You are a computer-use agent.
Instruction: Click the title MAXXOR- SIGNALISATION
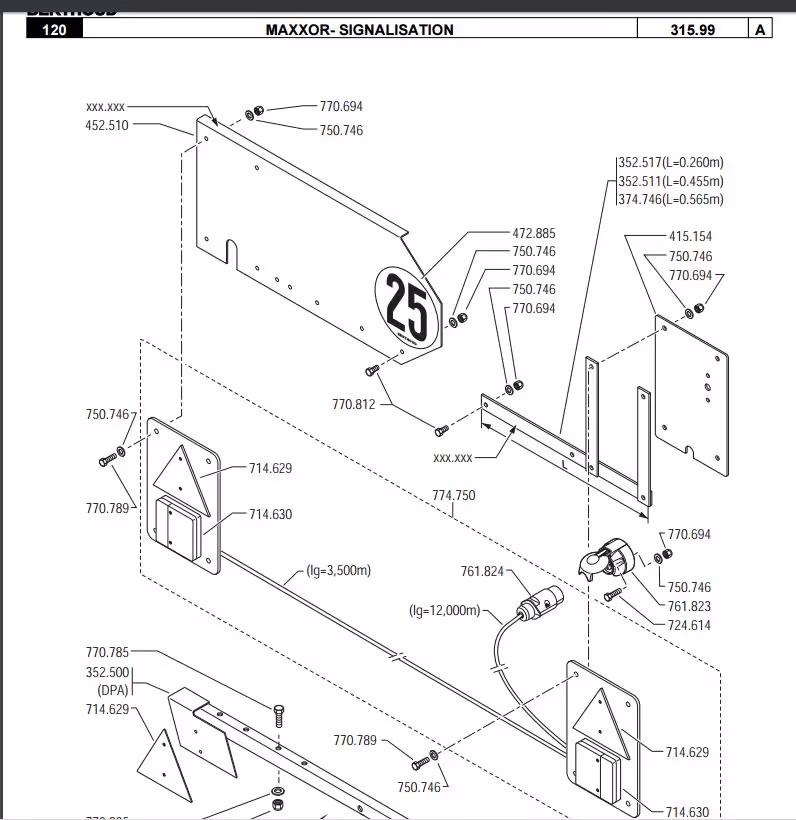point(359,30)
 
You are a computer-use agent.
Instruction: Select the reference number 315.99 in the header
point(692,30)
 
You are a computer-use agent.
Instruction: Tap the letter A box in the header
point(761,30)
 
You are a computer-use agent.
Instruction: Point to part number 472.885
point(534,233)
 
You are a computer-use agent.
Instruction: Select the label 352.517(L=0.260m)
point(670,163)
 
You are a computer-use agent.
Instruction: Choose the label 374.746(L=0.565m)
point(670,199)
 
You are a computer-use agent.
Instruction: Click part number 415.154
point(690,237)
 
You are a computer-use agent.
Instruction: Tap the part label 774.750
point(454,495)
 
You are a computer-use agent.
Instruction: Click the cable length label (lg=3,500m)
point(338,571)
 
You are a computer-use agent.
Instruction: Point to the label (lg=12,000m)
point(444,610)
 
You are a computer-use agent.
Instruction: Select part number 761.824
point(482,571)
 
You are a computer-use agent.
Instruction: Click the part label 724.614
point(689,625)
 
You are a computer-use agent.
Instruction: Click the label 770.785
point(107,653)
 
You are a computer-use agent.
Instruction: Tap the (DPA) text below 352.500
point(113,690)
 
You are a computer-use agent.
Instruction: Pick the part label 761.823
point(689,606)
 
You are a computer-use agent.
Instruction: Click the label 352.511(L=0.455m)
point(670,181)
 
